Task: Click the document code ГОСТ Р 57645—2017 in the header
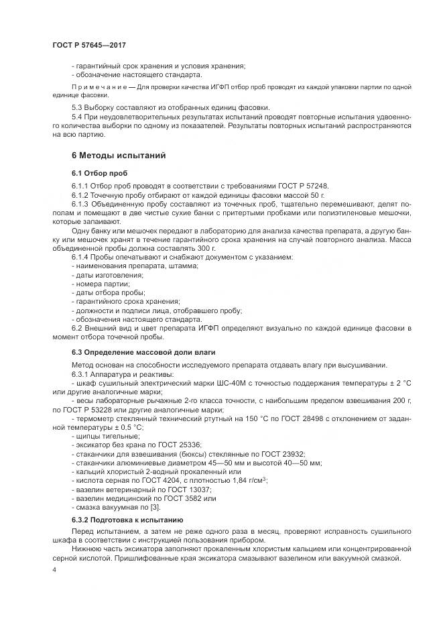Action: tap(89, 45)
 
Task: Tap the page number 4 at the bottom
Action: tap(54, 569)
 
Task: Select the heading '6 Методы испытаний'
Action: tap(119, 156)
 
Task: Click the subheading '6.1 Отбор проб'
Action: tap(99, 173)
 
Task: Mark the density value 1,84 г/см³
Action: tap(249, 481)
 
